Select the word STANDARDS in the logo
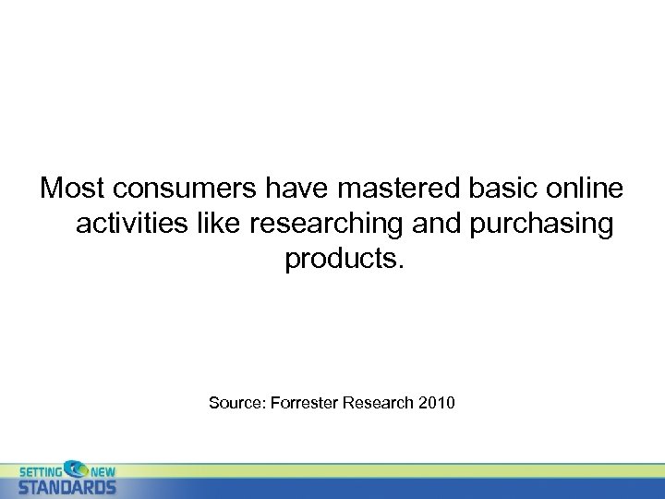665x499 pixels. [67, 486]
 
